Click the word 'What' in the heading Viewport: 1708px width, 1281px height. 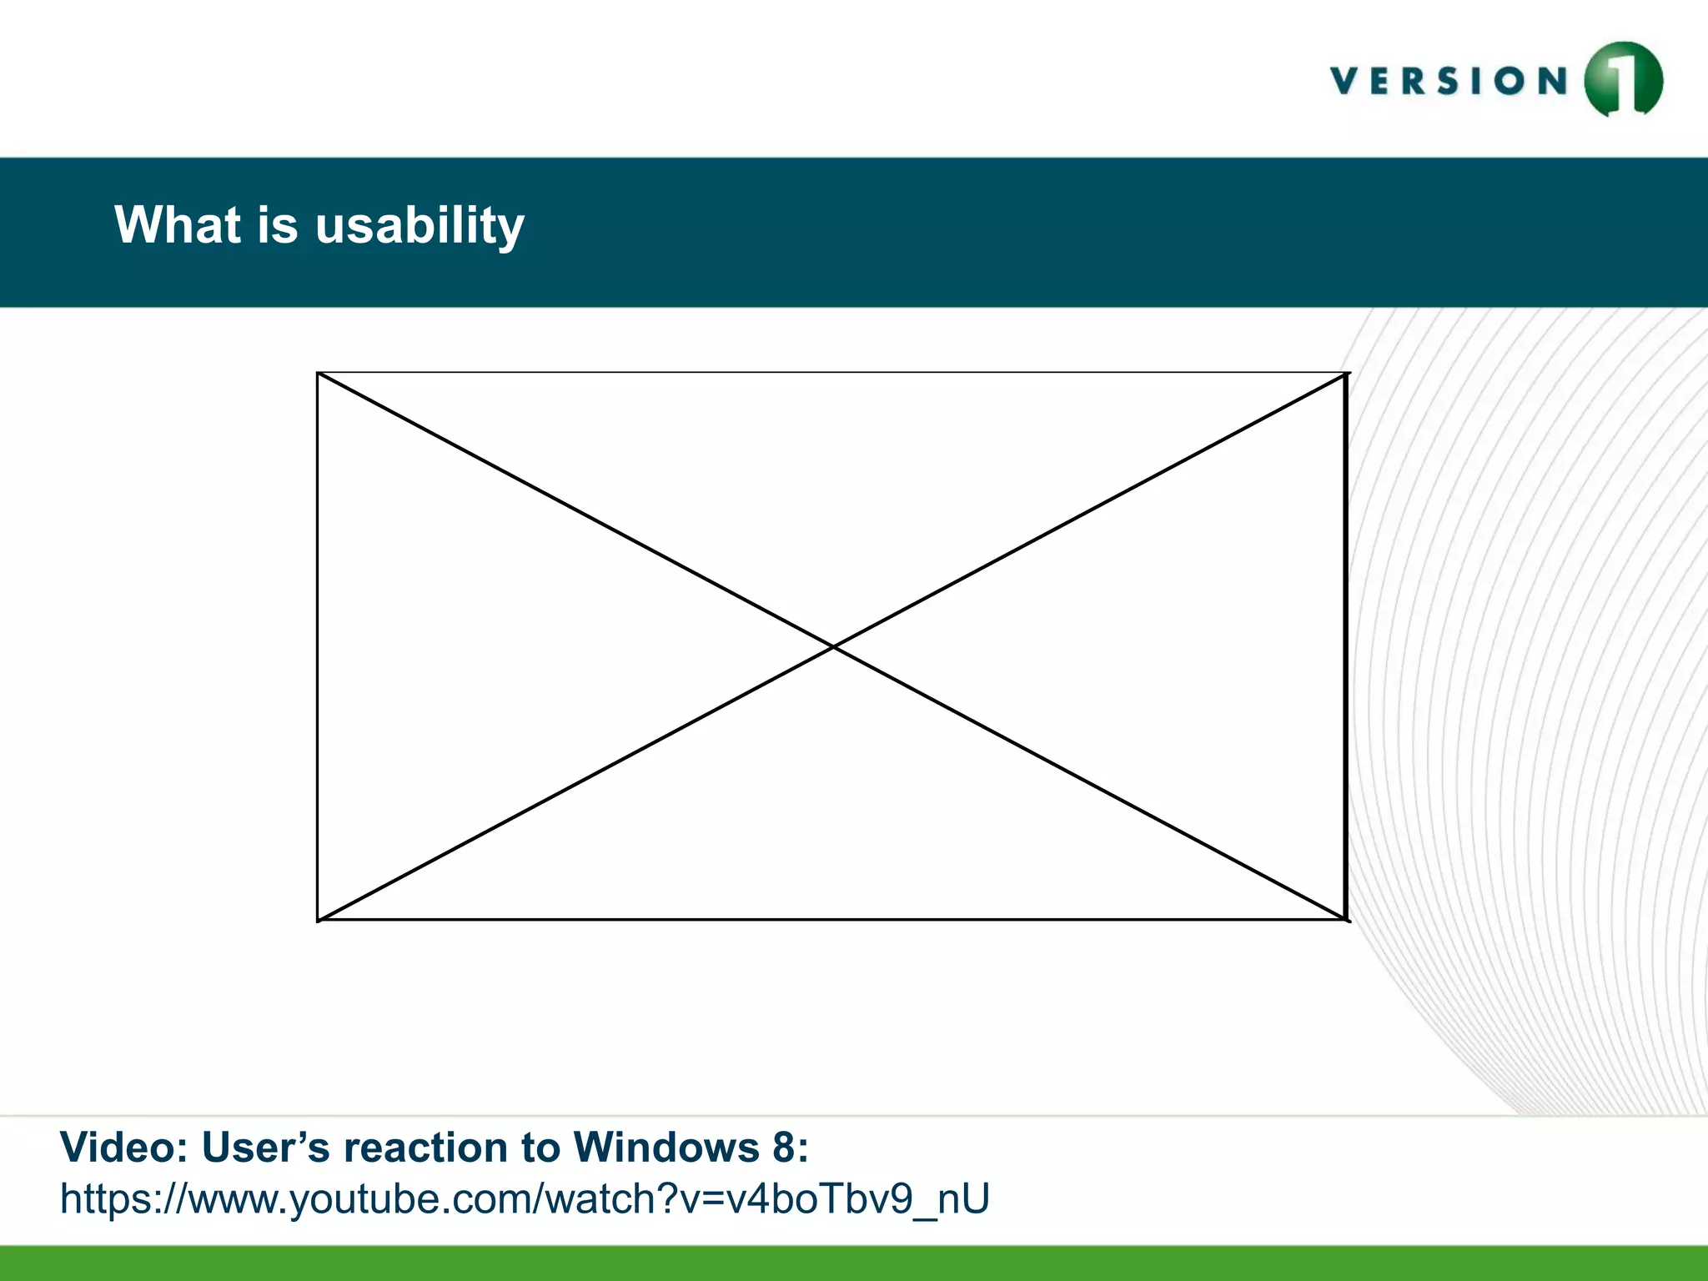178,225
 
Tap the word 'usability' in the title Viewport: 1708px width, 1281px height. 419,225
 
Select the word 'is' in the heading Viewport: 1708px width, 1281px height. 277,225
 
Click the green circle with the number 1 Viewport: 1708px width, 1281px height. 1623,80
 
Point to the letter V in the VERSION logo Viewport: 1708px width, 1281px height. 1345,81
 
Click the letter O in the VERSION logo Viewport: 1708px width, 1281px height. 1509,81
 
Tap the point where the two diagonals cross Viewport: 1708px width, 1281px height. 833,646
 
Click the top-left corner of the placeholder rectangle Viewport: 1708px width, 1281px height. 318,373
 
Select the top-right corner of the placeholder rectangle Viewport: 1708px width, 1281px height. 1347,374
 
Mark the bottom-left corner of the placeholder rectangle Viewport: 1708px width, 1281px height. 318,920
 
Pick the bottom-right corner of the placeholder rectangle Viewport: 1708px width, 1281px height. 1347,920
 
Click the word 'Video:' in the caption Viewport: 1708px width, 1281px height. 124,1148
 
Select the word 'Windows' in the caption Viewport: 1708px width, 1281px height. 666,1148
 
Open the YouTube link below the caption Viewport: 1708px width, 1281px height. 525,1199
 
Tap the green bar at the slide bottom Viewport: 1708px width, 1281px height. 854,1263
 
